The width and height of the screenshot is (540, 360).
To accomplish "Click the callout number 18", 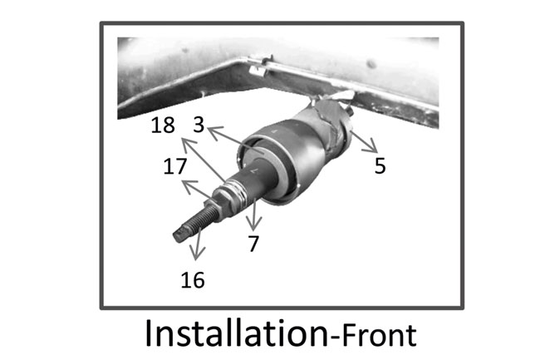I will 164,127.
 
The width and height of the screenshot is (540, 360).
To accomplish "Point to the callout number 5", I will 380,165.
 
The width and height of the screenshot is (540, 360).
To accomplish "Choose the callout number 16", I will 192,279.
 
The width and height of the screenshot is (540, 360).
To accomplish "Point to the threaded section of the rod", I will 199,220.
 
